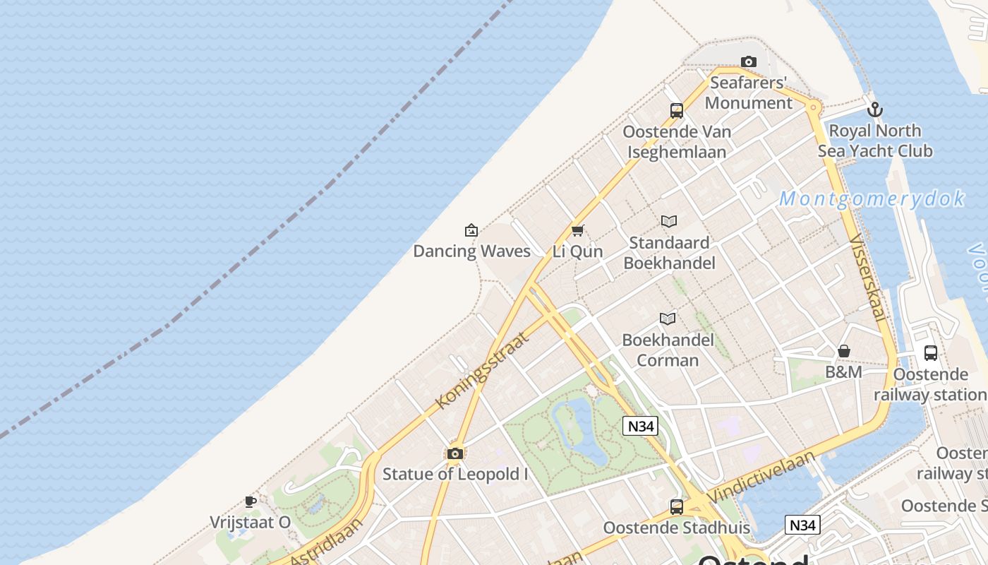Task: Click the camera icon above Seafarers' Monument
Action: [749, 62]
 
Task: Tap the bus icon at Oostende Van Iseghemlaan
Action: [677, 111]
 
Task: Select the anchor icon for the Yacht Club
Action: [875, 109]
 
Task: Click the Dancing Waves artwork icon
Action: [471, 230]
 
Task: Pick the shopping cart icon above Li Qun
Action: [578, 230]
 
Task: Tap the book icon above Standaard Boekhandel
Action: [669, 222]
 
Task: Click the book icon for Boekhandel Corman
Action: [668, 319]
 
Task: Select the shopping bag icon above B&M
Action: [844, 351]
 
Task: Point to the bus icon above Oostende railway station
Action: [931, 353]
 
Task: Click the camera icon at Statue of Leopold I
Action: [455, 453]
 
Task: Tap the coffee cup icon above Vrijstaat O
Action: [251, 502]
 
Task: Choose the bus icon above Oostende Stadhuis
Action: [677, 506]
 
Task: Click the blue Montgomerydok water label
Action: [872, 199]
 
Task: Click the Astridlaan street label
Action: [327, 542]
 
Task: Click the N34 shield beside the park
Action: [641, 426]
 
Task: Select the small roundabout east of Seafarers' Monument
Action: [813, 107]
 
